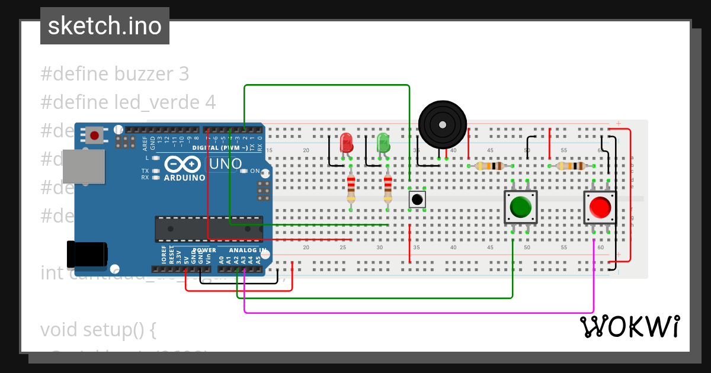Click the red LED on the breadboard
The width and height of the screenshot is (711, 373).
pos(346,143)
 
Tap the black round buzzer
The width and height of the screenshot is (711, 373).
pos(442,124)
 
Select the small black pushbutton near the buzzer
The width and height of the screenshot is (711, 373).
pos(417,199)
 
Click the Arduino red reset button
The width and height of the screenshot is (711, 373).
pos(94,136)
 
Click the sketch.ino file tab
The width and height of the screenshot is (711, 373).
pos(105,26)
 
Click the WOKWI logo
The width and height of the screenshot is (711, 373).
pos(629,327)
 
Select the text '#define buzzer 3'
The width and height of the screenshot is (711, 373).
pos(115,74)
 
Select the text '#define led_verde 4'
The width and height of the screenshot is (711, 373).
pos(128,102)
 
